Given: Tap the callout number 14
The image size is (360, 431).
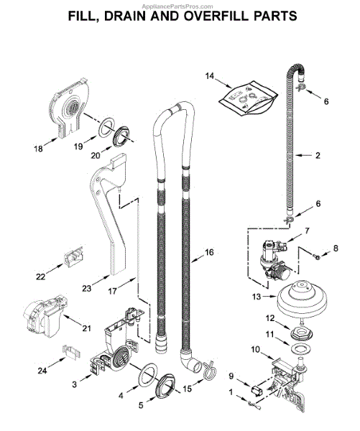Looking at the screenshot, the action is click(210, 76).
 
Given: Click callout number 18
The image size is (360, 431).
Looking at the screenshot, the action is click(39, 149).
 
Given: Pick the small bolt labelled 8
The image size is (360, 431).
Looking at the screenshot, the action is click(316, 257).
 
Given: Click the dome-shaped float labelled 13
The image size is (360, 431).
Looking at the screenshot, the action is click(302, 299).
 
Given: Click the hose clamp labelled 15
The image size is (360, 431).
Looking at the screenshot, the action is click(209, 370).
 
